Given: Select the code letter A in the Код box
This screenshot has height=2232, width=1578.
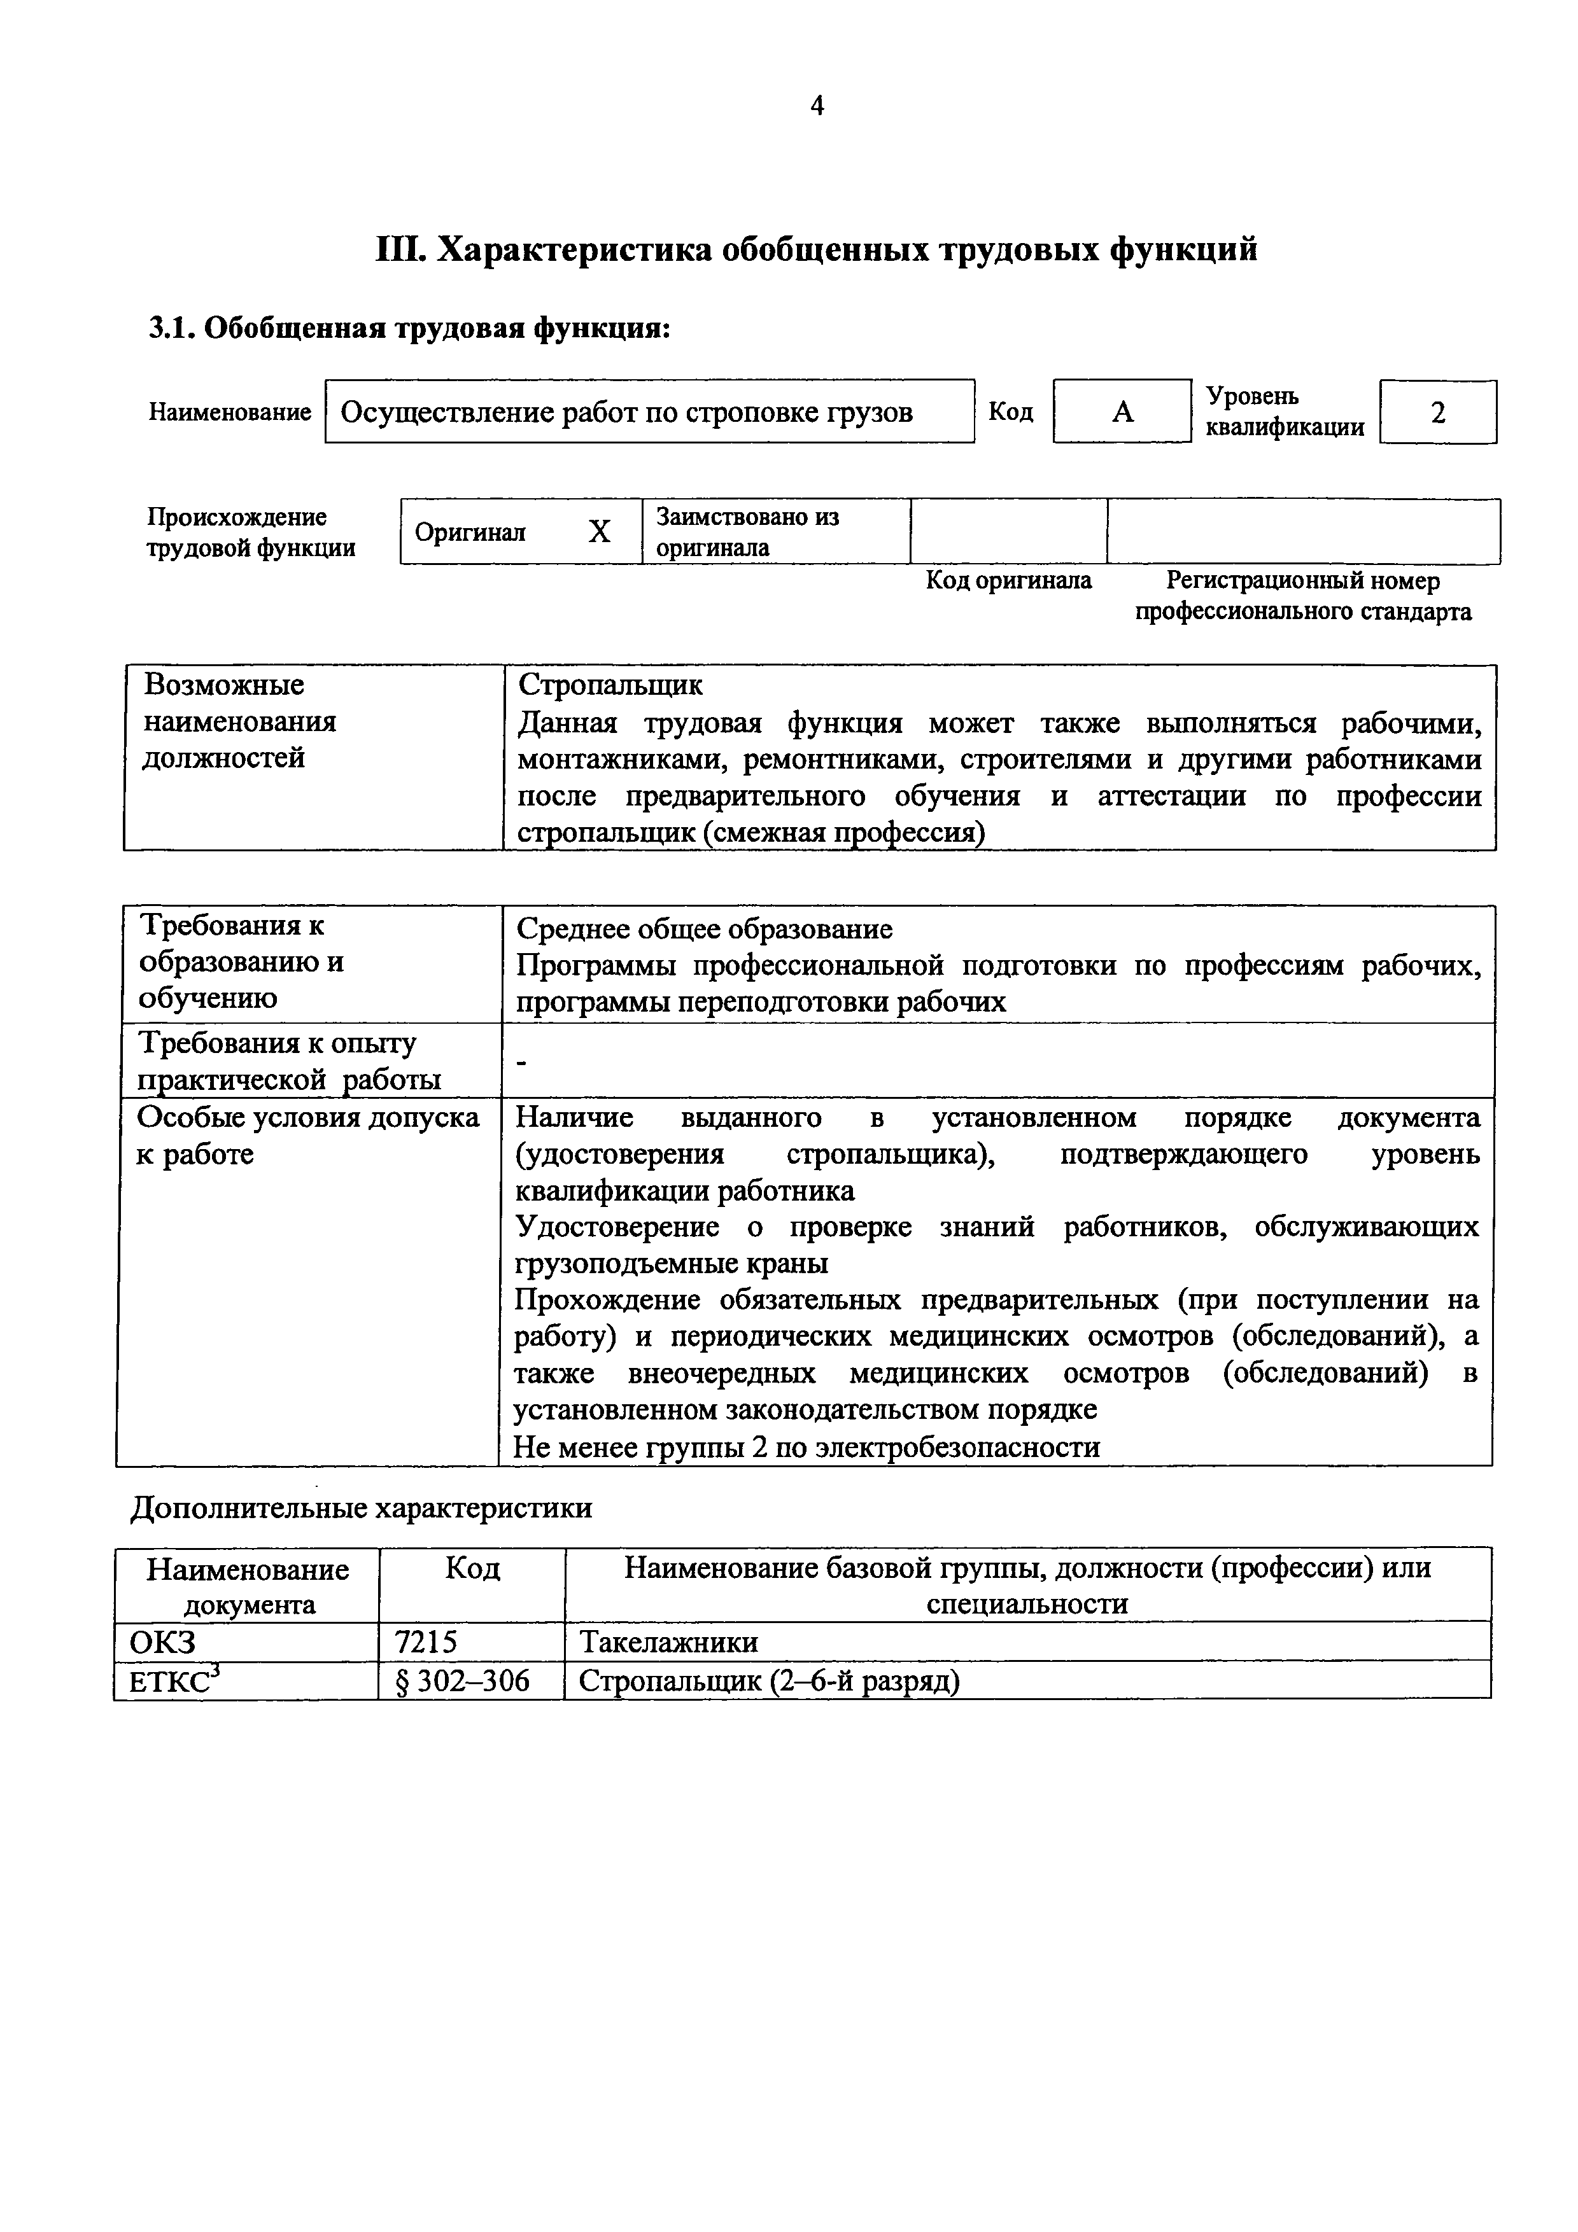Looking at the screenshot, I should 1122,412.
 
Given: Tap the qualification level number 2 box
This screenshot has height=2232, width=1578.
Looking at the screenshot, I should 1438,412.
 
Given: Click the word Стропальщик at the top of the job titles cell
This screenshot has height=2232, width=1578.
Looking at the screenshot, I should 610,685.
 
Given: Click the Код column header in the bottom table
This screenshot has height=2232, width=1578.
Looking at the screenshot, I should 472,1567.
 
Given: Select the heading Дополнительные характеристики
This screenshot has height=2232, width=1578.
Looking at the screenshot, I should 361,1508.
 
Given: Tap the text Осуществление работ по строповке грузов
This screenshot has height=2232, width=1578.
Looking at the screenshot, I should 626,412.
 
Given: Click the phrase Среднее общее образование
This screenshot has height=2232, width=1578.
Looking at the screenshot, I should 704,930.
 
